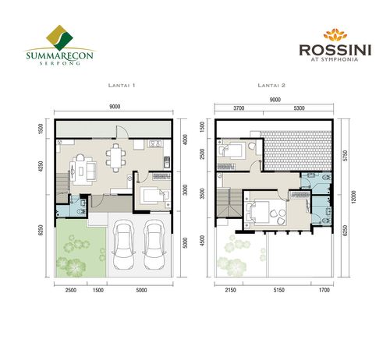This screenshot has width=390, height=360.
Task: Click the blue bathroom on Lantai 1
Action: point(78,205)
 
